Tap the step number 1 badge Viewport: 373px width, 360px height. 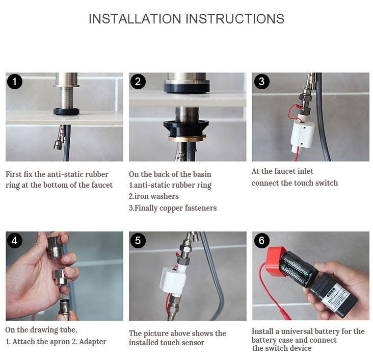point(14,81)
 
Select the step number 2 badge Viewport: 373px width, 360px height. point(138,81)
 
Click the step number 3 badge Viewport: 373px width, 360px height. point(261,81)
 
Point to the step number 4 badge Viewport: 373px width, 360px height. point(14,240)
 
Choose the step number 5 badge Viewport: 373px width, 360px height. point(138,240)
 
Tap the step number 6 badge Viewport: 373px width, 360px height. point(261,240)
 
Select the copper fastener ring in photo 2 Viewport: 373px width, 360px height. point(187,138)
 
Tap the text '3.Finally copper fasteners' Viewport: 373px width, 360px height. point(173,208)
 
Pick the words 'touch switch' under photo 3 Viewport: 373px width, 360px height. point(316,183)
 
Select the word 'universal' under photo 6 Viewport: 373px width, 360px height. point(305,331)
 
